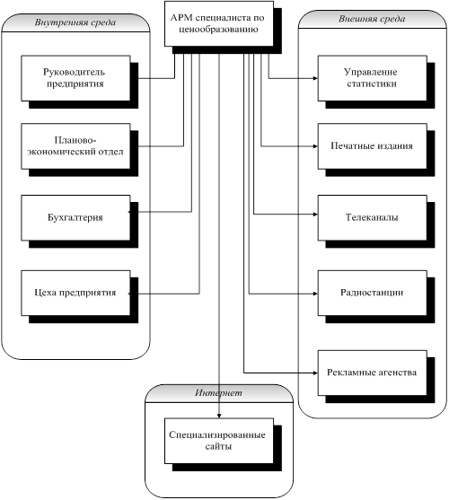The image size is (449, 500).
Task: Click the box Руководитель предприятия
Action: coord(76,78)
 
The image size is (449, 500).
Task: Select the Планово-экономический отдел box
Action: coord(76,146)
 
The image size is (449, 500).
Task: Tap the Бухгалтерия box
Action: coord(76,217)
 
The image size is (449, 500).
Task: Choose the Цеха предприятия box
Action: coord(76,293)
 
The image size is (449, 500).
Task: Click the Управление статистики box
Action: coord(372,78)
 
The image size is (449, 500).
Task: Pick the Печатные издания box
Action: coord(372,146)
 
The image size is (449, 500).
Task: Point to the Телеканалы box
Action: coord(372,217)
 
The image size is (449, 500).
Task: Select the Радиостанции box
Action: coord(372,293)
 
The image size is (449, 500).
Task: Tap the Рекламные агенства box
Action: coord(372,373)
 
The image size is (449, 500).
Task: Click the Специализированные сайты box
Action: coord(219,441)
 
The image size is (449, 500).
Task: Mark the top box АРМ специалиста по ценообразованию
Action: coord(219,23)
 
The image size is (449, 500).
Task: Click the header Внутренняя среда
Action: coord(75,22)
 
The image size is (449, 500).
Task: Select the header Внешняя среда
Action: coord(372,19)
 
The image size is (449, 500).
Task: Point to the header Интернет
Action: coord(219,393)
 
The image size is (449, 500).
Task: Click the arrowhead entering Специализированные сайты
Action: coord(219,416)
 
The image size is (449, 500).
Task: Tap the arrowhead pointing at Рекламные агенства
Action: coord(315,373)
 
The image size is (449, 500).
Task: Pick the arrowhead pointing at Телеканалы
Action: coord(315,215)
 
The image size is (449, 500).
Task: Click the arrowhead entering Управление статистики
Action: coord(315,78)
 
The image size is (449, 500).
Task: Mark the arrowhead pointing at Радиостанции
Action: coord(315,294)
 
